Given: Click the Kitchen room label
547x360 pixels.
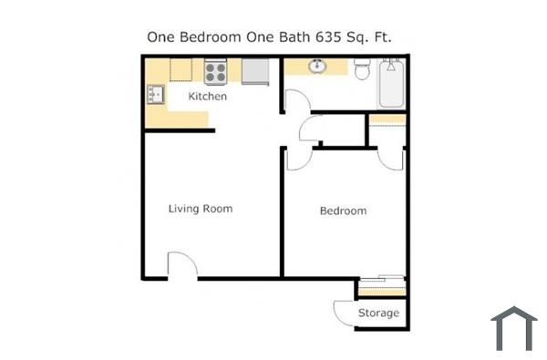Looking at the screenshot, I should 207,96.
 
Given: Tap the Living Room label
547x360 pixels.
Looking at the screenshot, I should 201,209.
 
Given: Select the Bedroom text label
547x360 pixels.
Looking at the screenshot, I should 343,211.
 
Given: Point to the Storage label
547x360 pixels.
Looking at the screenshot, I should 377,314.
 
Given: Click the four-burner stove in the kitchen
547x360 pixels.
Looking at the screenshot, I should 216,71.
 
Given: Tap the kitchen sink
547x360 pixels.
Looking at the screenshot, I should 154,93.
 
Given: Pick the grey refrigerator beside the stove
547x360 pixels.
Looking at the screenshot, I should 254,71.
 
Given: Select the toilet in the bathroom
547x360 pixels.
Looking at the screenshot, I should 360,68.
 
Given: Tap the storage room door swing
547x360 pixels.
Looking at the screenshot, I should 344,313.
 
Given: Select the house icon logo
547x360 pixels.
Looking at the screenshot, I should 513,328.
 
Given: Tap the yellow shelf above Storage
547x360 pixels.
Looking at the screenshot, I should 380,290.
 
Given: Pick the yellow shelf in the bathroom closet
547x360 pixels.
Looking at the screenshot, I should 387,119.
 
